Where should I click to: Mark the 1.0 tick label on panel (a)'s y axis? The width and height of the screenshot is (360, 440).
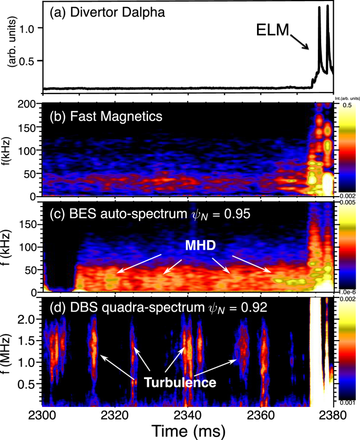click(28, 28)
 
